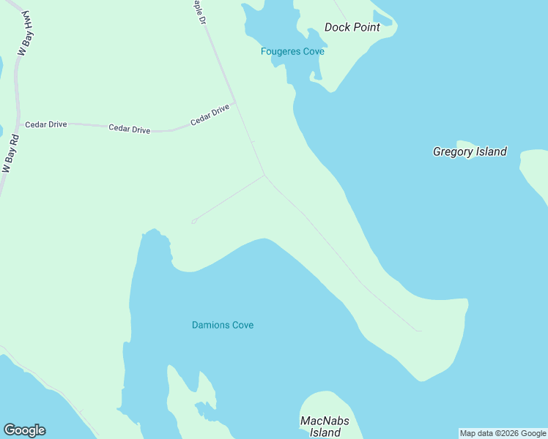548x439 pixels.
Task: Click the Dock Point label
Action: click(x=352, y=27)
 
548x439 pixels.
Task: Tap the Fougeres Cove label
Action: click(x=292, y=51)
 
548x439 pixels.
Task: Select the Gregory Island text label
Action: click(x=470, y=151)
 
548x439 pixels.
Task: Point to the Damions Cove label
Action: click(x=223, y=325)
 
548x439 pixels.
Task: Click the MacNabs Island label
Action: click(x=325, y=427)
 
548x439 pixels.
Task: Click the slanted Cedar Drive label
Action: click(x=210, y=116)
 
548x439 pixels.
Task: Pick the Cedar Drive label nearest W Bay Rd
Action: click(x=46, y=124)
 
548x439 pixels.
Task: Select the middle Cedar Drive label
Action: click(x=129, y=129)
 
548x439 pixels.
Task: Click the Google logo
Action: click(x=24, y=430)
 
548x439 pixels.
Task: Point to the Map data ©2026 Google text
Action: click(x=503, y=433)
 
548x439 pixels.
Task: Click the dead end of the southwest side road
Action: click(x=193, y=221)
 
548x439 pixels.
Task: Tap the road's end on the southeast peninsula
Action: click(x=420, y=331)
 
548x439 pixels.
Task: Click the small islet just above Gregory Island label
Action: click(x=465, y=143)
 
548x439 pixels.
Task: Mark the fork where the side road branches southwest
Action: click(x=264, y=175)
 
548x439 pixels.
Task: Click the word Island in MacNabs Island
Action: click(x=325, y=432)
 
